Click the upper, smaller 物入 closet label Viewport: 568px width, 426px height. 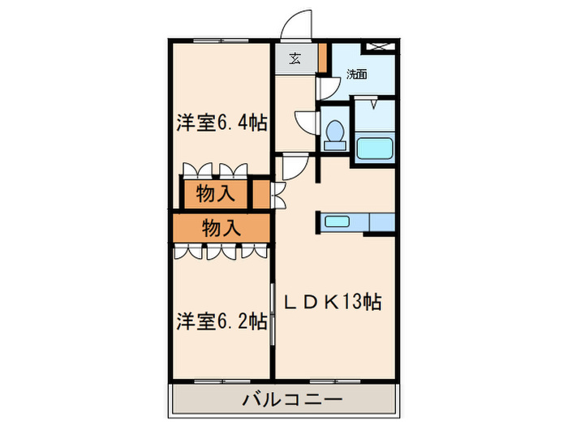click(215, 195)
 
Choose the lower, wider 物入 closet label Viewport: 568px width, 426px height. click(221, 228)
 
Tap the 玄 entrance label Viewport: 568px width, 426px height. click(293, 58)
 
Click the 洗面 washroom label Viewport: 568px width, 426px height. click(356, 74)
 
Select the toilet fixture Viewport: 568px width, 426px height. click(333, 136)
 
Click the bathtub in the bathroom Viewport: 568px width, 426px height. click(375, 148)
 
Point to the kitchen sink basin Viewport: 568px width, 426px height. click(337, 221)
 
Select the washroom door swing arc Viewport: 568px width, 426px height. click(328, 88)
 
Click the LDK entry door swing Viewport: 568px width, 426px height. click(291, 166)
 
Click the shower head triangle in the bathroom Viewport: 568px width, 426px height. click(373, 103)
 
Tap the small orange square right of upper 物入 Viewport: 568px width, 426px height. click(259, 195)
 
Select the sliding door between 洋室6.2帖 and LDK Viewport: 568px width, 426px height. click(273, 312)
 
